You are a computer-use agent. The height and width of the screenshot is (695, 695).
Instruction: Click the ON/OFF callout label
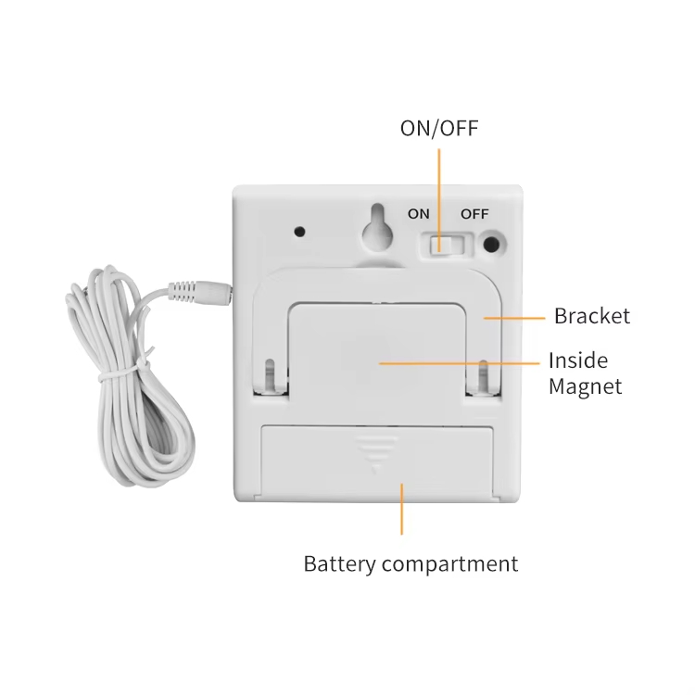(439, 128)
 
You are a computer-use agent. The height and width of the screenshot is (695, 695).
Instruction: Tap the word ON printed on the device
(419, 214)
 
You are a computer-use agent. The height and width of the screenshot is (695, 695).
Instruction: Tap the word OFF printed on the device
(474, 214)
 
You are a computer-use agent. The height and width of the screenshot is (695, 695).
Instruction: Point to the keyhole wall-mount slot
(378, 230)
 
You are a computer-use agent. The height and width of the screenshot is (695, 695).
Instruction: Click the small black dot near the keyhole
(300, 232)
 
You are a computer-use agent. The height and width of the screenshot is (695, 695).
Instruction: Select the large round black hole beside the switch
(490, 245)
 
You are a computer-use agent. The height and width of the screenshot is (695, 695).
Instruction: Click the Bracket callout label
(592, 316)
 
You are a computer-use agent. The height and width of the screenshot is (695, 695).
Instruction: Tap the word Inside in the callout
(578, 360)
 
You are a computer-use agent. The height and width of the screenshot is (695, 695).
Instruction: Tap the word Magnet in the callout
(585, 386)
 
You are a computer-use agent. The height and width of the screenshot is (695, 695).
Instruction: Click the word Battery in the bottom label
(339, 564)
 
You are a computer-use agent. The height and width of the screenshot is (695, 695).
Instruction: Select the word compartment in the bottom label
(449, 564)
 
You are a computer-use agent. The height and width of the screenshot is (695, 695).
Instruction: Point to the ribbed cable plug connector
(199, 291)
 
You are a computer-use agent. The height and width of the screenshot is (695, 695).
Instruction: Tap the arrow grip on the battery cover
(376, 453)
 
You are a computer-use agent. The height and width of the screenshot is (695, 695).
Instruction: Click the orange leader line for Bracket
(514, 318)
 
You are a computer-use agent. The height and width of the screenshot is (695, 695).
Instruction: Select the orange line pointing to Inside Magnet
(460, 363)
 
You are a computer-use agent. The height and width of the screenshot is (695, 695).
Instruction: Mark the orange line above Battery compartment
(401, 510)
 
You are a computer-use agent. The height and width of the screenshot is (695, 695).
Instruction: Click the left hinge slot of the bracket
(271, 376)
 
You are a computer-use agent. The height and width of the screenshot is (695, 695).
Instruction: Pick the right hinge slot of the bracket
(483, 376)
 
